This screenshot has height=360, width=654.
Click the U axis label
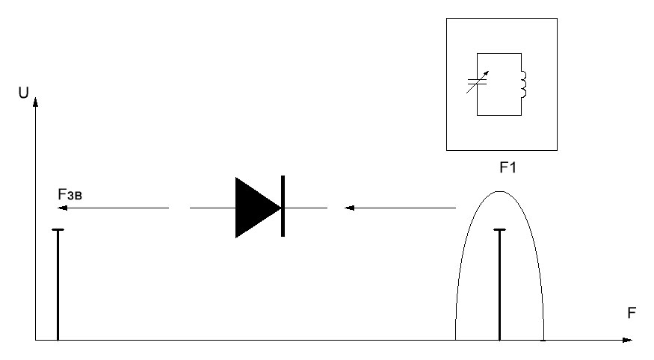point(24,93)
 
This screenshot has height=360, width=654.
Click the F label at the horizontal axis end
point(632,312)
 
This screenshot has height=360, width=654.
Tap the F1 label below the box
point(508,167)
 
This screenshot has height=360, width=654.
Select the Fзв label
point(70,194)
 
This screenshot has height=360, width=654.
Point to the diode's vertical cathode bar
point(283,206)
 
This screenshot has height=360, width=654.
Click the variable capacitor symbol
point(477,82)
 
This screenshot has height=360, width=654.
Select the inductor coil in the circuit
point(523,84)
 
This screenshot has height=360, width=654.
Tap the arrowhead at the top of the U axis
point(35,102)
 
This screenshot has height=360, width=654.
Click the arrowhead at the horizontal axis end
point(627,340)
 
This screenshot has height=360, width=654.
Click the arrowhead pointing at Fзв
point(62,208)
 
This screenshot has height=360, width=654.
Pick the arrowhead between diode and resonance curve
point(350,208)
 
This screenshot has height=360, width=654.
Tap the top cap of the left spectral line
point(58,229)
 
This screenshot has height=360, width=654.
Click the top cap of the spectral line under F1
point(500,229)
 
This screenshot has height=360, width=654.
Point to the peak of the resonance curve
point(500,192)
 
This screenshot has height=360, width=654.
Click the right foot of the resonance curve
point(543,339)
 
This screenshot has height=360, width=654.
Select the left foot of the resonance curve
point(455,339)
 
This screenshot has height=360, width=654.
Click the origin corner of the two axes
point(35,340)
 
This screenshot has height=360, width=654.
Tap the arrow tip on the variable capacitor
point(488,72)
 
